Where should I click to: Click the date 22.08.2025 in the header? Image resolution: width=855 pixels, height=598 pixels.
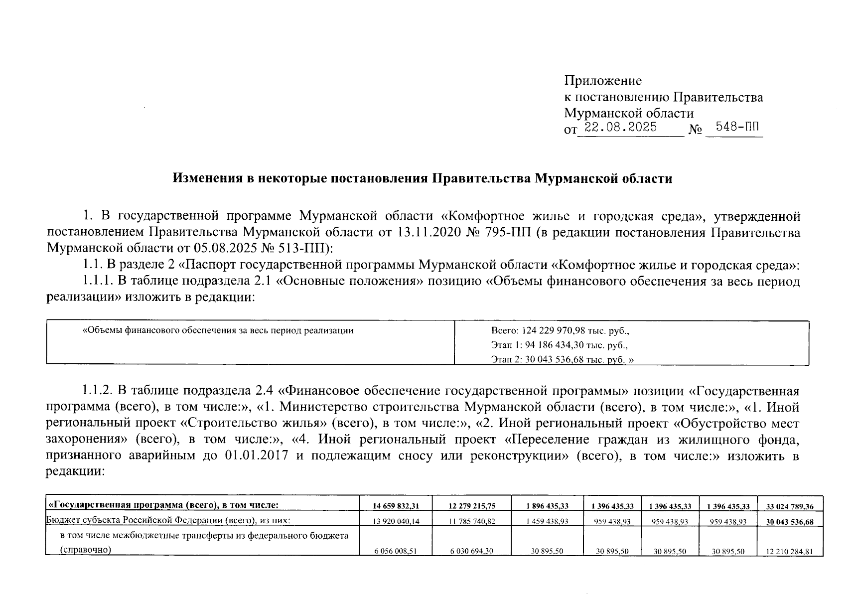coord(620,127)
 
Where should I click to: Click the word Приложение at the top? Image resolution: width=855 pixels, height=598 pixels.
coord(603,80)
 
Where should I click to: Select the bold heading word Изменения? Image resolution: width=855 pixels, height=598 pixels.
coord(204,178)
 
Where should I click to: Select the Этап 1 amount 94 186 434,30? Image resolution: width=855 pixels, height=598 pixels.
coord(549,345)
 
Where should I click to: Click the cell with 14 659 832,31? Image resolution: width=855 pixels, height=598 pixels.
coord(396,506)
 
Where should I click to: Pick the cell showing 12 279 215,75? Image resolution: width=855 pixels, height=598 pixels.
coord(471,506)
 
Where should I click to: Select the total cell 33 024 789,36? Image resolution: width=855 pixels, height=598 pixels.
coord(790,507)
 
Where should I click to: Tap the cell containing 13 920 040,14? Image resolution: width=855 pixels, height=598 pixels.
coord(396,522)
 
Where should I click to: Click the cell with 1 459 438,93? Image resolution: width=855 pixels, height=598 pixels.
coord(547,522)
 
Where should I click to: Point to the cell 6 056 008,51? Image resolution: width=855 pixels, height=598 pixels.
coord(396,552)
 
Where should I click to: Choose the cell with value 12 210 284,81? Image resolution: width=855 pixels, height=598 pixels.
coord(790,552)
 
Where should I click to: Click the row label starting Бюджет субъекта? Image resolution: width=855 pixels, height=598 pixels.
coord(168,520)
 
